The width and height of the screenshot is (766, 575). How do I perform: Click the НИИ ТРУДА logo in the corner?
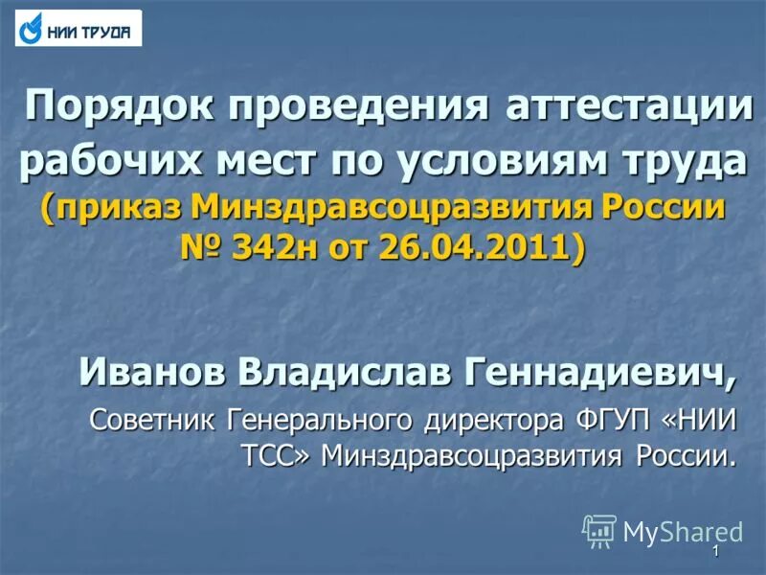(x=79, y=29)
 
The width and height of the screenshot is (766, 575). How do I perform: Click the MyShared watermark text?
(x=684, y=530)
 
